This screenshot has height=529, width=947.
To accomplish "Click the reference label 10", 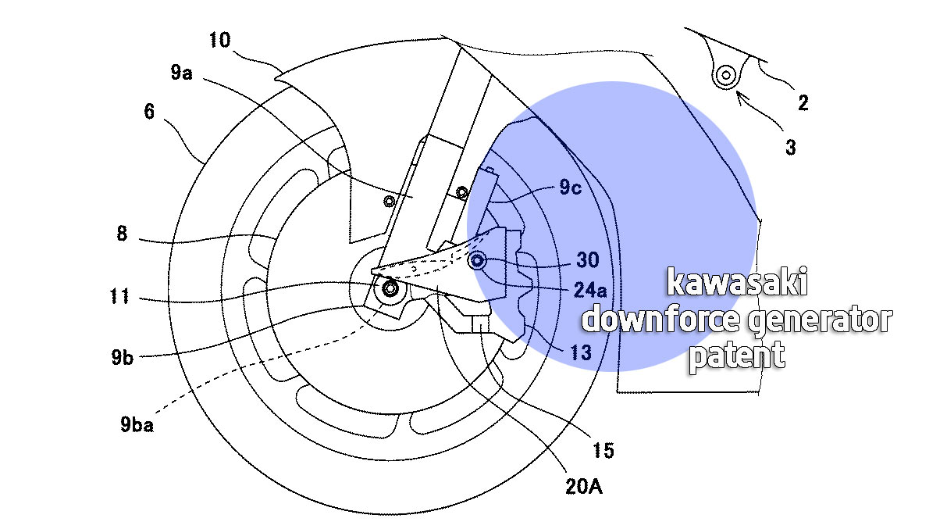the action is pyautogui.click(x=220, y=40).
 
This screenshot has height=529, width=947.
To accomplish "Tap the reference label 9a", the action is pyautogui.click(x=182, y=73).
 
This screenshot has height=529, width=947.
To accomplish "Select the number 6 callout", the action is pyautogui.click(x=149, y=111).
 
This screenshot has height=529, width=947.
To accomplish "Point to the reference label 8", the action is pyautogui.click(x=122, y=233).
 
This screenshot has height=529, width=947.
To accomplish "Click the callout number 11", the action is pyautogui.click(x=119, y=296).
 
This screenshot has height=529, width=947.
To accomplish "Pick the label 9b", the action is pyautogui.click(x=123, y=357).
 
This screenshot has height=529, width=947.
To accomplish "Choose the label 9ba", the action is pyautogui.click(x=137, y=424).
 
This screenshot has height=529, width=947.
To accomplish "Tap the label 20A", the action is pyautogui.click(x=584, y=487).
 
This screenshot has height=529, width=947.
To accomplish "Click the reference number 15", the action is pyautogui.click(x=603, y=451).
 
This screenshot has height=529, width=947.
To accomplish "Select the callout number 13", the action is pyautogui.click(x=581, y=352).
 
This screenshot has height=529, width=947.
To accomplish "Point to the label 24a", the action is pyautogui.click(x=590, y=291).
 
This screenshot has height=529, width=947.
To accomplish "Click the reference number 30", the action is pyautogui.click(x=588, y=260).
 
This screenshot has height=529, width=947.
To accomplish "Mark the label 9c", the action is pyautogui.click(x=571, y=187).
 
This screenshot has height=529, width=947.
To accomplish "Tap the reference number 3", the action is pyautogui.click(x=791, y=148).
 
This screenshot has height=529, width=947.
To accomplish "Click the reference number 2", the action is pyautogui.click(x=803, y=103).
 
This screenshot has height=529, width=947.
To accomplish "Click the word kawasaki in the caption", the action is pyautogui.click(x=737, y=282).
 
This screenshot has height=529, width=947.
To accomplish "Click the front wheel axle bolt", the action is pyautogui.click(x=390, y=288).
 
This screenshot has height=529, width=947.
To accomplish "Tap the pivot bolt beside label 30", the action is pyautogui.click(x=477, y=261).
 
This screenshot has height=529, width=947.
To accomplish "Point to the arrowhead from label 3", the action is pyautogui.click(x=740, y=95).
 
